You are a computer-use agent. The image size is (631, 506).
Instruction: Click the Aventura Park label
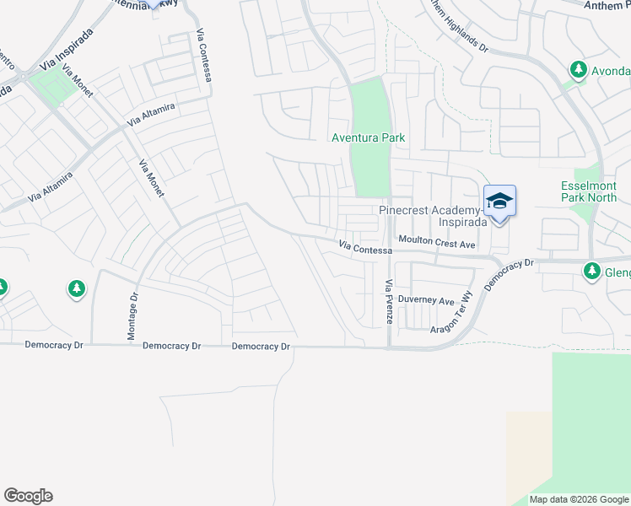tap(368, 137)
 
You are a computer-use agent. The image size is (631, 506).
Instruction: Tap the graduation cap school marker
tap(499, 201)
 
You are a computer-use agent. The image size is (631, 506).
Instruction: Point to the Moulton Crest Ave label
tap(438, 243)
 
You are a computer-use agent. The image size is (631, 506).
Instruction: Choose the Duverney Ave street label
tap(426, 300)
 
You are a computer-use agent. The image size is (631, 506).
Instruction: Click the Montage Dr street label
tap(132, 317)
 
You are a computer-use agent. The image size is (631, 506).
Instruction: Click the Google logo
tap(28, 496)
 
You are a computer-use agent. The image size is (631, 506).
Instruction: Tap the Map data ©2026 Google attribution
tap(578, 499)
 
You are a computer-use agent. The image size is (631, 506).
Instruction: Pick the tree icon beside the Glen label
tap(591, 271)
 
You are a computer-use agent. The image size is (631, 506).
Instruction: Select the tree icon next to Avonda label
tap(578, 69)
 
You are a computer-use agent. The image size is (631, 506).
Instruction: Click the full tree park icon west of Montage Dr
tap(77, 289)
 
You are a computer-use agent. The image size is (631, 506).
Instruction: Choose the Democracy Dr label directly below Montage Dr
tap(171, 346)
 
